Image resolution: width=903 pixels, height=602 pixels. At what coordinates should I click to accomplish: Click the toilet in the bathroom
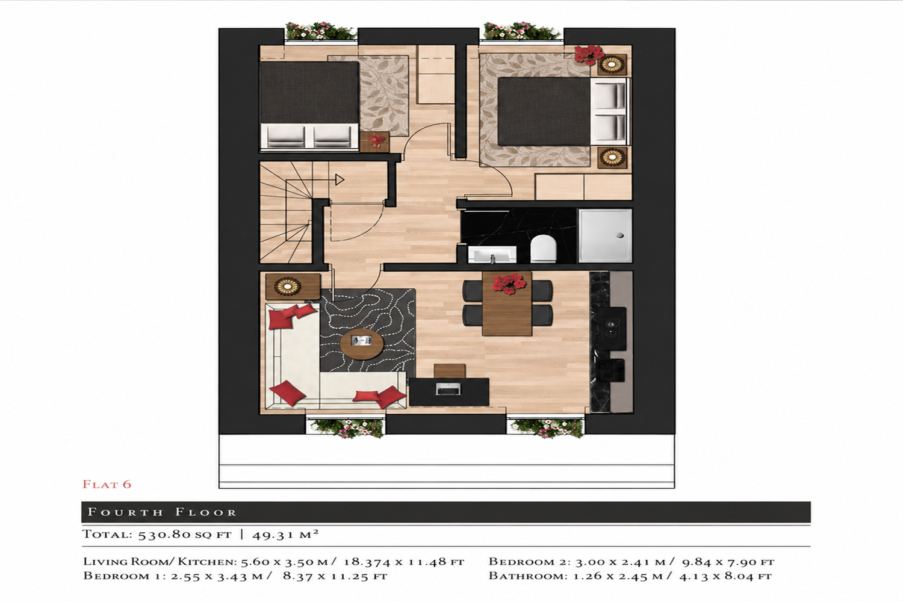coord(543,249)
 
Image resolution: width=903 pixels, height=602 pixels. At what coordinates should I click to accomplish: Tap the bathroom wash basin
coord(492,255)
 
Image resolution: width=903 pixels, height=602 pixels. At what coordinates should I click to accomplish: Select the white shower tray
coord(605,236)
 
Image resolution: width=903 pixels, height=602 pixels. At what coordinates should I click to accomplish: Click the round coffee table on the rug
coord(362,344)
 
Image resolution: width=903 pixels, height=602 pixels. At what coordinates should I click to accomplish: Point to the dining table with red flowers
coord(507,303)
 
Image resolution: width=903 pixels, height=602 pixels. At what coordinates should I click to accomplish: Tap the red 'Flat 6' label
coord(107,484)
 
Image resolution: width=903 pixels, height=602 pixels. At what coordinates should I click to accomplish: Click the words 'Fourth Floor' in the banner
coord(162,512)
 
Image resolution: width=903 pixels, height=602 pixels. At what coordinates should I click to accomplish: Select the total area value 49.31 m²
coord(285,535)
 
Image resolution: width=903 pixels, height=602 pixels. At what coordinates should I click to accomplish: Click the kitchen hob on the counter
coord(612,329)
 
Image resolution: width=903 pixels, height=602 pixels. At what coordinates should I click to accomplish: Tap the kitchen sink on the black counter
coord(610,370)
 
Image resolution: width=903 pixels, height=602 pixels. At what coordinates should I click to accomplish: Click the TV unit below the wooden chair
coord(449,391)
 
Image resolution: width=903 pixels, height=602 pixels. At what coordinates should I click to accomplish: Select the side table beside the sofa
coord(293,287)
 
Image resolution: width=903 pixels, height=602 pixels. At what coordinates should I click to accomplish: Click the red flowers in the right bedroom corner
coord(589,54)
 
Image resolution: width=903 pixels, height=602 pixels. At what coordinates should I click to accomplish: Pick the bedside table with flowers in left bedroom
coord(374,141)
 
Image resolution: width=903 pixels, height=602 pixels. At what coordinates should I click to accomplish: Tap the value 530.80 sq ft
coord(185,535)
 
